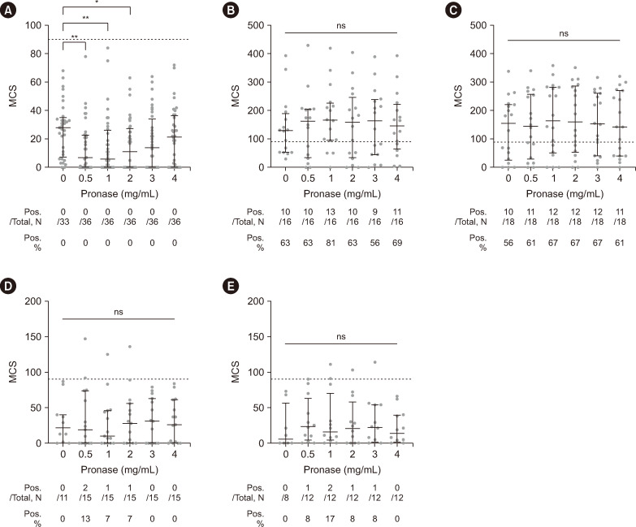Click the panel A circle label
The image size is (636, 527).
click(8, 11)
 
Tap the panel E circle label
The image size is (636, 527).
click(231, 287)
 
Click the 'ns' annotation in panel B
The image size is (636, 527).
click(341, 25)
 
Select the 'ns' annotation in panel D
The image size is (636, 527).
click(119, 312)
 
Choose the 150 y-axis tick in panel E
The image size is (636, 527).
click(256, 336)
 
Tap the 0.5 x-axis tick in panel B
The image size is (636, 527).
click(308, 178)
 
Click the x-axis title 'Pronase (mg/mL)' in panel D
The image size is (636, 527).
click(119, 469)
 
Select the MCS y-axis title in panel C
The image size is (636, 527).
click(458, 96)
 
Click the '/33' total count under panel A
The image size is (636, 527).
click(63, 222)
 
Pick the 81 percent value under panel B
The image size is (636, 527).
click(330, 243)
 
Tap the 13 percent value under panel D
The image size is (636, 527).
click(85, 519)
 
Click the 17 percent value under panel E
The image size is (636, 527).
click(330, 519)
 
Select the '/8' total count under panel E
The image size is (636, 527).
click(286, 498)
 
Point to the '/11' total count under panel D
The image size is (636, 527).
click(63, 498)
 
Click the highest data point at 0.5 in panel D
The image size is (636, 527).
click(85, 339)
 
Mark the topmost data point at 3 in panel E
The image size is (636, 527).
click(374, 362)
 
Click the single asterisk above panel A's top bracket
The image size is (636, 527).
click(97, 2)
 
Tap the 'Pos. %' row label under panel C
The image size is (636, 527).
click(478, 243)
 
